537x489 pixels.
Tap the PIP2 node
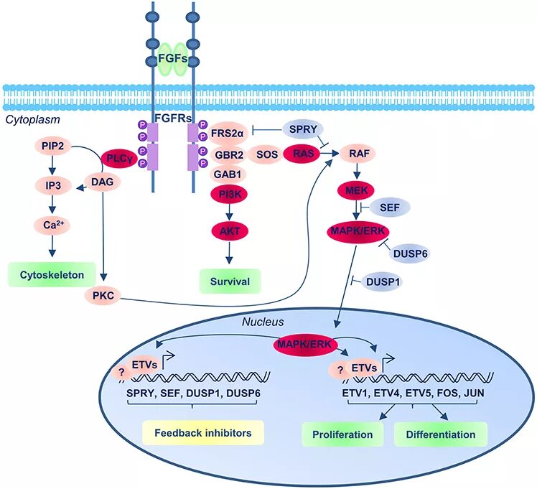[52, 146]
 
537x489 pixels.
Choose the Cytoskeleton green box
[52, 274]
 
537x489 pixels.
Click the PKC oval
[104, 295]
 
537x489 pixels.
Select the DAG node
[103, 183]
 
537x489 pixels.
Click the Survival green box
[230, 281]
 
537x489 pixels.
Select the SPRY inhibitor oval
[302, 130]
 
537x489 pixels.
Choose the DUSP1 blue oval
[381, 281]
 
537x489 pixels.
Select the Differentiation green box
[440, 434]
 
